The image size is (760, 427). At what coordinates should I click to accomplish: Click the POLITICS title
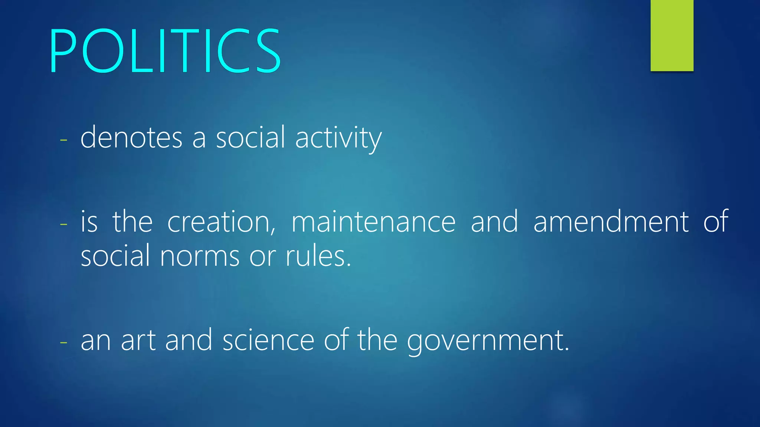(165, 51)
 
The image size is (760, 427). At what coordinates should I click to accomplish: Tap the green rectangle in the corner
(672, 35)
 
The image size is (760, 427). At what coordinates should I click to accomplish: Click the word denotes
(131, 138)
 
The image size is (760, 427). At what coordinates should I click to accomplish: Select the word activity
(338, 138)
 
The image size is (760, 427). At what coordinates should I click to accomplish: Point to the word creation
(221, 222)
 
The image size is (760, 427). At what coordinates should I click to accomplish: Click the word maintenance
(373, 222)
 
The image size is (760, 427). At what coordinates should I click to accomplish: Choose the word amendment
(611, 222)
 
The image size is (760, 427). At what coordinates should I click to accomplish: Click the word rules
(318, 256)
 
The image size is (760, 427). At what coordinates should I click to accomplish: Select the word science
(268, 340)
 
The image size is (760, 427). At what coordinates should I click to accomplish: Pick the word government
(488, 341)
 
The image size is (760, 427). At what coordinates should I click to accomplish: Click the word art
(138, 340)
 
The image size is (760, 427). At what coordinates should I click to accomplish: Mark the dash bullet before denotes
(63, 140)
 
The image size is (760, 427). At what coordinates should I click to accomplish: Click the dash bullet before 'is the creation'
(63, 224)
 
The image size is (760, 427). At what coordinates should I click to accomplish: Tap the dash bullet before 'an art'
(63, 342)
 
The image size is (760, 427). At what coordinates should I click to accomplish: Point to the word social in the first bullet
(250, 138)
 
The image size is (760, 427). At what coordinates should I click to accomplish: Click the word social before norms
(115, 256)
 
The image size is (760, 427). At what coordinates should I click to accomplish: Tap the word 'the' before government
(377, 340)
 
